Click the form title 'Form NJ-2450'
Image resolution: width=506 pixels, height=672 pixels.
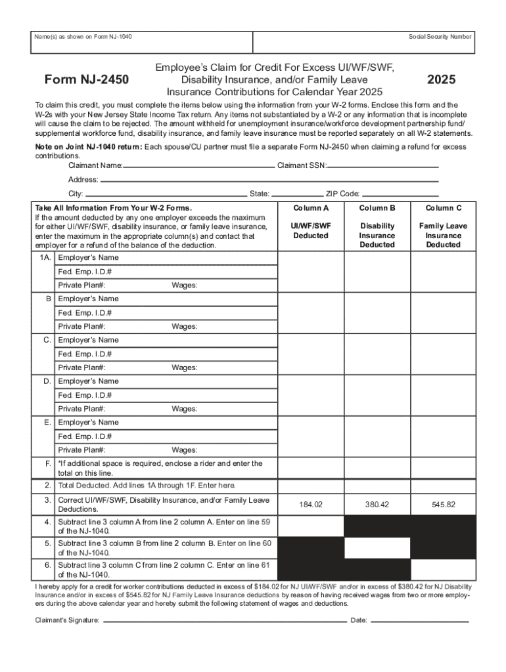click(x=86, y=80)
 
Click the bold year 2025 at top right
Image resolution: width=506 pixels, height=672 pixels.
click(x=442, y=80)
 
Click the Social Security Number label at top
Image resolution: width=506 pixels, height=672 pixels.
click(x=440, y=37)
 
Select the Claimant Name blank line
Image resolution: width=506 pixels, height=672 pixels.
click(x=198, y=166)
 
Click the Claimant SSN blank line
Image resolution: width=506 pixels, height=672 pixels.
click(x=382, y=166)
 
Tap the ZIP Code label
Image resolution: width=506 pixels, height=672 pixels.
click(x=342, y=194)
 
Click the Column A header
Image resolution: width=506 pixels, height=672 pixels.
click(x=311, y=208)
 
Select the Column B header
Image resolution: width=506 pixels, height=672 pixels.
click(x=377, y=208)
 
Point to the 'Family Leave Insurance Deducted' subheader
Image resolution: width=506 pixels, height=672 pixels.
click(x=443, y=235)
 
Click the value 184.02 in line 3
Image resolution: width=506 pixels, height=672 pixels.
click(x=311, y=505)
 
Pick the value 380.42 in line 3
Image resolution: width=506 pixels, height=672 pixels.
click(x=377, y=505)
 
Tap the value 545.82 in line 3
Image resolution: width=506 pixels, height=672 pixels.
click(x=444, y=505)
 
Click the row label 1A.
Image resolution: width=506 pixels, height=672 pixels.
click(x=45, y=258)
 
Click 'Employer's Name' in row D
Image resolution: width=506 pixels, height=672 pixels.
click(x=89, y=381)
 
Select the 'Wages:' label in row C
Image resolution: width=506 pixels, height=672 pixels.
click(x=185, y=367)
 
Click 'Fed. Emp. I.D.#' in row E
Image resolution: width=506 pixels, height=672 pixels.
click(x=85, y=436)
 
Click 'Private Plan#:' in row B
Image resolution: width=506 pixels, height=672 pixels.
click(x=81, y=326)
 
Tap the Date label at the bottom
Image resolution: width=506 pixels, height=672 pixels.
click(x=359, y=620)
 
